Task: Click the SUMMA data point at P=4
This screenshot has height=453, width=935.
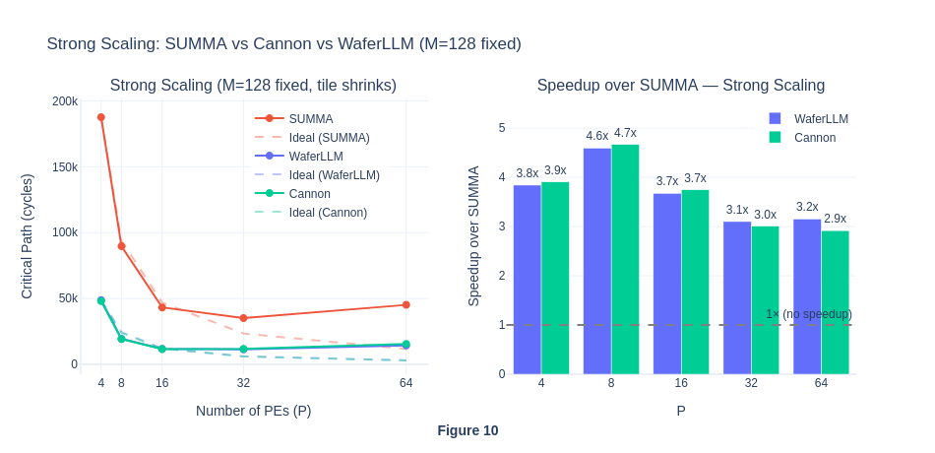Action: coord(101,117)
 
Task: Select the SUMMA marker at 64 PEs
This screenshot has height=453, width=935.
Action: coord(405,305)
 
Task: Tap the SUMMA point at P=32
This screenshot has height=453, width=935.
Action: coord(243,318)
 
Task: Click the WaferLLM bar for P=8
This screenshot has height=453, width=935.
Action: coord(596,261)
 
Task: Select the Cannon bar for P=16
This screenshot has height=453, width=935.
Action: coord(695,282)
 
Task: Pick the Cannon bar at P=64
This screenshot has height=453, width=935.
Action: coord(835,302)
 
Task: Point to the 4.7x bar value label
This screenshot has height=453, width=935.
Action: coord(625,133)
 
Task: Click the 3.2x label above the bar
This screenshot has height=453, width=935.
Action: coord(807,207)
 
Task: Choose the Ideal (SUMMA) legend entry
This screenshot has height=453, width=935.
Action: coord(329,138)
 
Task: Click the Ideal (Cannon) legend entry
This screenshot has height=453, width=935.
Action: coord(328,213)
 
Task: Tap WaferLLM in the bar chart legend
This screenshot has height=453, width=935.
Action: coord(821,119)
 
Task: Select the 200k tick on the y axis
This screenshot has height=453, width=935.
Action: coord(65,101)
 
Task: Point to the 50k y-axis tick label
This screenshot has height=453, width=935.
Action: coord(68,298)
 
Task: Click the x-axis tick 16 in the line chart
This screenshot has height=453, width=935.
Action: coord(162,383)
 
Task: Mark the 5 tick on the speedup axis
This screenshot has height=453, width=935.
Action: coord(502,128)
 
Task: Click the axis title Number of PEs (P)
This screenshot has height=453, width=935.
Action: coord(253,411)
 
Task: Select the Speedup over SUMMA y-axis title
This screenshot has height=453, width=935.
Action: coord(473,236)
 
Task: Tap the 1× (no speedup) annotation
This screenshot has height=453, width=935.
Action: coord(808,314)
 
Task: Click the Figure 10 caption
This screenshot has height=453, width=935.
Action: coord(467,430)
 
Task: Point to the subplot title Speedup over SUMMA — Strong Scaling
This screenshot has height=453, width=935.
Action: coord(680,86)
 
